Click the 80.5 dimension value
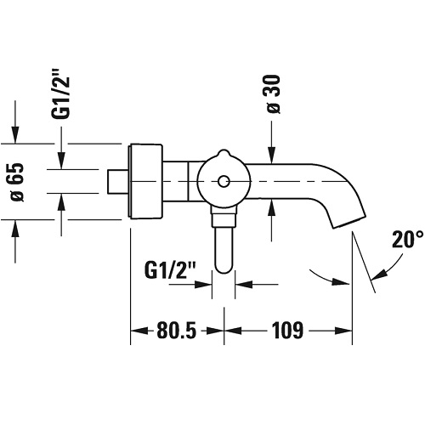point(176,331)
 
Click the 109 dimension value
point(287,331)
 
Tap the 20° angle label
point(408,240)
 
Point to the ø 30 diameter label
point(274,94)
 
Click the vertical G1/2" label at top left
point(60,98)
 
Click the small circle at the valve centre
point(224,182)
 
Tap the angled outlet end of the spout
point(349,222)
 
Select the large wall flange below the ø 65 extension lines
point(146,182)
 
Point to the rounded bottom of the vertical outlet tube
point(224,268)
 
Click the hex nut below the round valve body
point(224,217)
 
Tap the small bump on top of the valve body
point(224,152)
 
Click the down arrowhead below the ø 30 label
point(271,156)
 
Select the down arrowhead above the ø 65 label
point(15,135)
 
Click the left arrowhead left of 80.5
point(139,331)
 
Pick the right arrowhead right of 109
point(343,331)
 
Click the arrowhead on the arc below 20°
point(378,274)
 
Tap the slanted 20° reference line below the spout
point(364,262)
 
